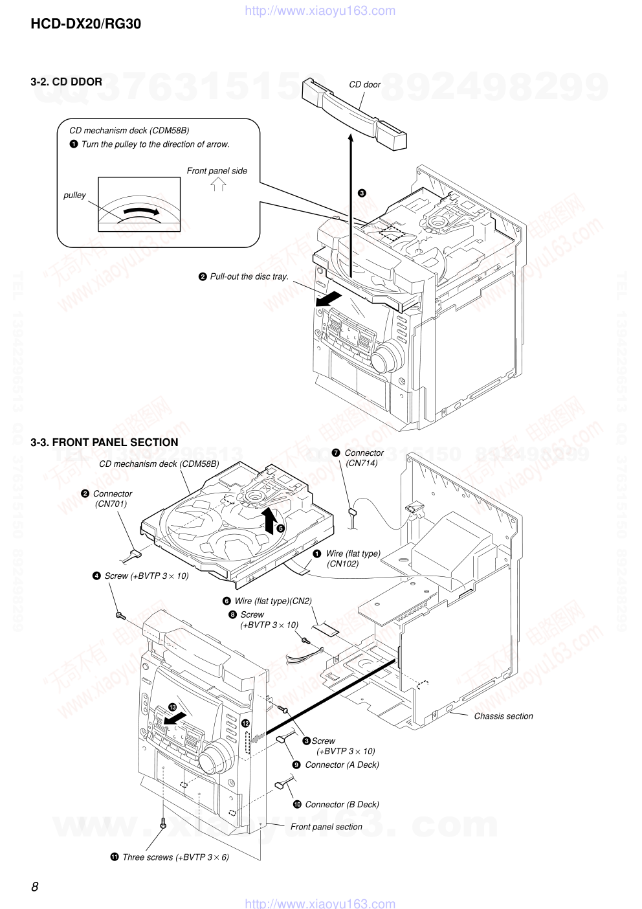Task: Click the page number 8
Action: pyautogui.click(x=35, y=886)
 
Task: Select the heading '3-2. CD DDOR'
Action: pyautogui.click(x=66, y=82)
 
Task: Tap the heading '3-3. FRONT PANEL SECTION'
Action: pyautogui.click(x=104, y=442)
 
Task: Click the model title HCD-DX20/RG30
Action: pyautogui.click(x=85, y=24)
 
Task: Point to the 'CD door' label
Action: pyautogui.click(x=364, y=84)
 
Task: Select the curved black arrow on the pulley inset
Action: pyautogui.click(x=140, y=212)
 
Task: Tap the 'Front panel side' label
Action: pyautogui.click(x=217, y=171)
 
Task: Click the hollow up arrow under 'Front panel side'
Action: pyautogui.click(x=218, y=185)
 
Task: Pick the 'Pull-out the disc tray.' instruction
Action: pyautogui.click(x=249, y=276)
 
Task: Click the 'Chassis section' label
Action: pyautogui.click(x=503, y=716)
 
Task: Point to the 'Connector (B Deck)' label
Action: pyautogui.click(x=342, y=804)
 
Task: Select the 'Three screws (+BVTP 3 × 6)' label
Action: pyautogui.click(x=175, y=857)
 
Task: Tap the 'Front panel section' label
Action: pyautogui.click(x=326, y=827)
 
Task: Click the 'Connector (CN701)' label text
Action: pyautogui.click(x=112, y=499)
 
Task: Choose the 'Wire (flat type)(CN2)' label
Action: pyautogui.click(x=272, y=601)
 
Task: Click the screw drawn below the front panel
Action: pyautogui.click(x=163, y=824)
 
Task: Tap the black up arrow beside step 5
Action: pyautogui.click(x=269, y=519)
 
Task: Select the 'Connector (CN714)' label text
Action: pyautogui.click(x=363, y=458)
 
